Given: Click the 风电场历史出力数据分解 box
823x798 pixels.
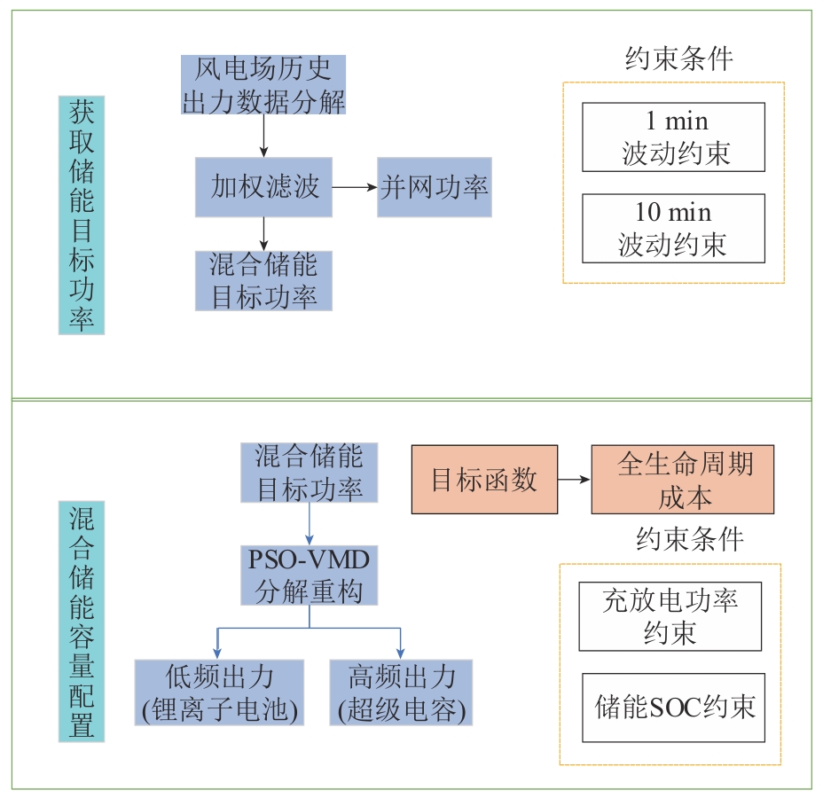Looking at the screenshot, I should (x=263, y=85).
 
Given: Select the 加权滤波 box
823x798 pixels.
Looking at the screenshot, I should (x=263, y=187).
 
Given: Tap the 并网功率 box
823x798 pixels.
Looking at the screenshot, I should (x=434, y=187).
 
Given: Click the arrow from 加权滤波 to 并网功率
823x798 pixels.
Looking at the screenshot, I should (x=354, y=187).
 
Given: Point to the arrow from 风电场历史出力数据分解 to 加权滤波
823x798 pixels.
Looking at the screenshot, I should (x=263, y=136).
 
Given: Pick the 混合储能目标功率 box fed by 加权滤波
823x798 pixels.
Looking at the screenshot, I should (x=263, y=280).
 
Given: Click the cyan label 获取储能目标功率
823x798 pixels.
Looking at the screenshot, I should (x=82, y=215).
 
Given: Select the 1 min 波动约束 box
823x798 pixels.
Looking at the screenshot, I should (x=673, y=137).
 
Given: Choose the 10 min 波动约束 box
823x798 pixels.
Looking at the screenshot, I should (x=673, y=229).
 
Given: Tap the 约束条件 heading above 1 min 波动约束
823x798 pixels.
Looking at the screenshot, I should (x=679, y=59).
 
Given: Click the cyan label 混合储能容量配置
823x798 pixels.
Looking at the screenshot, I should (x=82, y=621).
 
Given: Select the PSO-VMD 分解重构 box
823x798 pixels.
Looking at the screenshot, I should (x=310, y=576).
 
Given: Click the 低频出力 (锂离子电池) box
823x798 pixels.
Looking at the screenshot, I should (x=219, y=692).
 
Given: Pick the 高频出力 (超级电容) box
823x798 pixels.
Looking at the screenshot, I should (x=402, y=692).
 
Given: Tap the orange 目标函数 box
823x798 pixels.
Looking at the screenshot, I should (x=484, y=480).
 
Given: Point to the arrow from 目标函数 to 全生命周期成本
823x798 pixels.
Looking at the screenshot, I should (x=575, y=480).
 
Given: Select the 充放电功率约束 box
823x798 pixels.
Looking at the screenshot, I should (x=670, y=616).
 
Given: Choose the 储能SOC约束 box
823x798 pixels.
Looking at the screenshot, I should (x=673, y=708).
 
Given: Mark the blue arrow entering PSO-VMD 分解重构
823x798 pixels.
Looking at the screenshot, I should (x=310, y=526).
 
